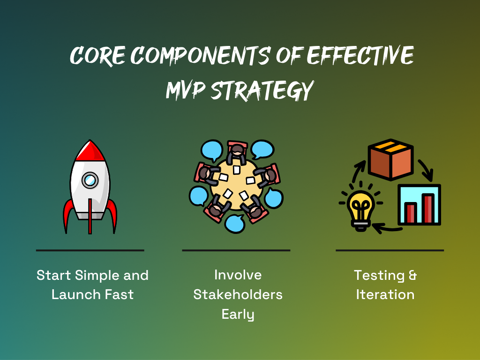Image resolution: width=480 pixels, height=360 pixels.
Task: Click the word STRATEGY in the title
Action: (262, 90)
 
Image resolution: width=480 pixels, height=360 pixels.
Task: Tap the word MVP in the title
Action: (185, 90)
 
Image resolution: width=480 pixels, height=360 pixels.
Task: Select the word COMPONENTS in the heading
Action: (200, 55)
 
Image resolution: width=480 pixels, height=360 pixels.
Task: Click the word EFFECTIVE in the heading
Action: (360, 55)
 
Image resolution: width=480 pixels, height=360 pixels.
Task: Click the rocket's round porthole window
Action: (90, 180)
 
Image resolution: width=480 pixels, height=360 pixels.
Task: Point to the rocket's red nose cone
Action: (90, 151)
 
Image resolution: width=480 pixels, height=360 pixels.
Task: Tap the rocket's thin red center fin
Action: (90, 216)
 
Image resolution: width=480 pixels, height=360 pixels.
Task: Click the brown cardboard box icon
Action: (390, 159)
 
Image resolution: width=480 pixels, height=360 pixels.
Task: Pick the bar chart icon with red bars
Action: (419, 205)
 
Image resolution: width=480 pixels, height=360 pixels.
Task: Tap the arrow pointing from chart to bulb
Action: (386, 228)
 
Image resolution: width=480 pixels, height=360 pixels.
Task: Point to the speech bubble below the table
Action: (235, 224)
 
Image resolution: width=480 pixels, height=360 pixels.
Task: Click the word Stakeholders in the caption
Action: (238, 294)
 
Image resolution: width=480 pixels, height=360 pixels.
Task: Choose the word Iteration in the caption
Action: (385, 294)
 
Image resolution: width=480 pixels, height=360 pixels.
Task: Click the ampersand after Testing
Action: (412, 275)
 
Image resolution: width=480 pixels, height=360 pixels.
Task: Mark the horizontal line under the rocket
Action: (90, 250)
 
